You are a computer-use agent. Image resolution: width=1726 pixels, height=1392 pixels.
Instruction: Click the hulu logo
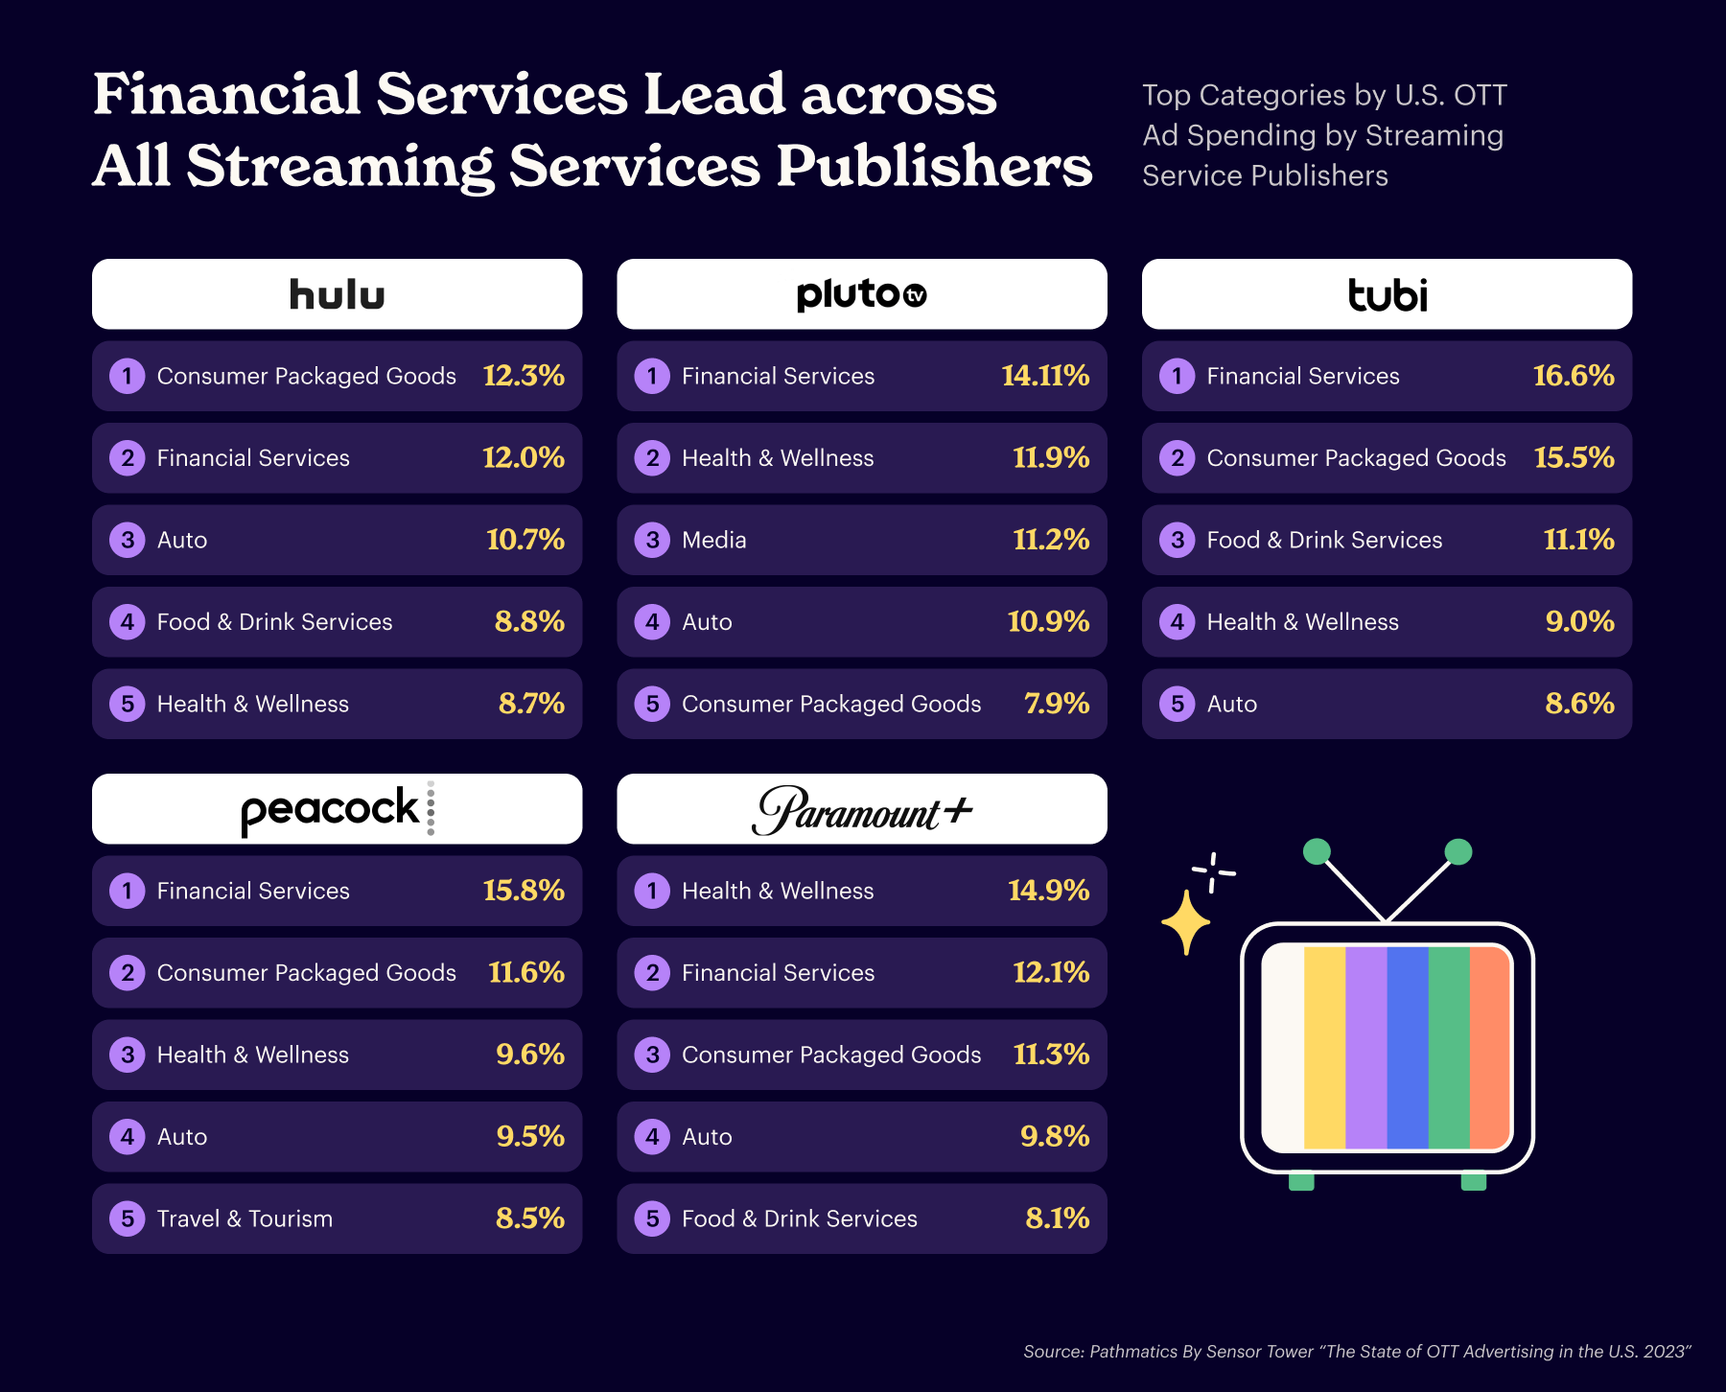tap(337, 294)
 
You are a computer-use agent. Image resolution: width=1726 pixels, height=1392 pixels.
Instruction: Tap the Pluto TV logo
tap(861, 294)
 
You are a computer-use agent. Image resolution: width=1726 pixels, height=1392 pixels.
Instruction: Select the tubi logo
tap(1387, 294)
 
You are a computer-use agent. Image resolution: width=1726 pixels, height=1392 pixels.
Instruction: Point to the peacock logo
tap(337, 809)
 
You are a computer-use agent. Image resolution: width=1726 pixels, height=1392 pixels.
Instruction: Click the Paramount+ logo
tap(861, 810)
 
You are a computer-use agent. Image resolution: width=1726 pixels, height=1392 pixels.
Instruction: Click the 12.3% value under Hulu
tap(524, 376)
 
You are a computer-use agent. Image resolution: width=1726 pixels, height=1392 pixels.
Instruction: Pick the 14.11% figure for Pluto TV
tap(1045, 376)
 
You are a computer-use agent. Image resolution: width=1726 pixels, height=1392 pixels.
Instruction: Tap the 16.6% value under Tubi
tap(1574, 376)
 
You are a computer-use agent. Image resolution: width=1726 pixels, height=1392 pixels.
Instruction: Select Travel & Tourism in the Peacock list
tap(245, 1218)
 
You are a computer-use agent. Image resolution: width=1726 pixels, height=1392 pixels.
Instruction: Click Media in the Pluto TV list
tap(713, 540)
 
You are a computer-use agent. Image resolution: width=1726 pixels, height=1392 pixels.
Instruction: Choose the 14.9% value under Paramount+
tap(1048, 891)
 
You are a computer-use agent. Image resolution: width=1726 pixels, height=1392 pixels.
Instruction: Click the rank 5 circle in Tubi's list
tap(1178, 704)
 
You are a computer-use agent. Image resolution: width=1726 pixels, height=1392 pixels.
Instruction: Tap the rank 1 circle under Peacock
tap(127, 891)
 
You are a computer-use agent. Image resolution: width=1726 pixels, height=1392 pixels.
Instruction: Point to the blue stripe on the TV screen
tap(1407, 1047)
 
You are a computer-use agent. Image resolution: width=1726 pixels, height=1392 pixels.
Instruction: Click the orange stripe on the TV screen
tap(1490, 1047)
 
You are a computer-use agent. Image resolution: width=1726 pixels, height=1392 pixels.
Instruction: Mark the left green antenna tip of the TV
tap(1317, 851)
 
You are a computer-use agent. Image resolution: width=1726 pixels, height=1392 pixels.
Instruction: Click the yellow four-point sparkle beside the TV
tap(1186, 922)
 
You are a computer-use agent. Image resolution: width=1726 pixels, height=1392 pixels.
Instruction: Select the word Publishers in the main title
tap(934, 166)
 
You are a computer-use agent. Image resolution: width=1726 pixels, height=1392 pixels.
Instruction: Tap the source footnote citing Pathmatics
tap(1356, 1352)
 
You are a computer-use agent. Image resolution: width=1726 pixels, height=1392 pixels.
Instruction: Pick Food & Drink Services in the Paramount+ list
tap(799, 1218)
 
